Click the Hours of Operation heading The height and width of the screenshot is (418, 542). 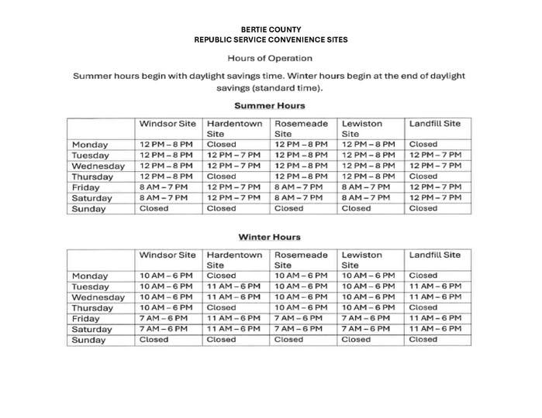[x=270, y=58]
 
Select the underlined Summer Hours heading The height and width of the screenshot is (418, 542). [x=270, y=105]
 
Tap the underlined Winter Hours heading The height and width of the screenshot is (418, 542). [x=270, y=237]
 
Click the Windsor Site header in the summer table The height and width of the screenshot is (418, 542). [x=167, y=124]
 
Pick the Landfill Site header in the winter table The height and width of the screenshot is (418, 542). [x=434, y=255]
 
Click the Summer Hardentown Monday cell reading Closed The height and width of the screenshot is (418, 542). [x=221, y=144]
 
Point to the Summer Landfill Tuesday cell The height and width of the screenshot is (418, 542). [x=435, y=155]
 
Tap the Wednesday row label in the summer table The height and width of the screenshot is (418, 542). [x=98, y=166]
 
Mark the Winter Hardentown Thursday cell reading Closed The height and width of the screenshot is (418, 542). [x=221, y=307]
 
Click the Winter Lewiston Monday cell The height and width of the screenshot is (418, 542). [x=368, y=276]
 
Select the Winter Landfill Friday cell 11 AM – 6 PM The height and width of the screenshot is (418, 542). [x=435, y=318]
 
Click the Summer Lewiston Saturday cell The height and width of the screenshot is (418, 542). [x=368, y=197]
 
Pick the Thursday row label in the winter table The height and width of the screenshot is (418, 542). [x=93, y=308]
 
